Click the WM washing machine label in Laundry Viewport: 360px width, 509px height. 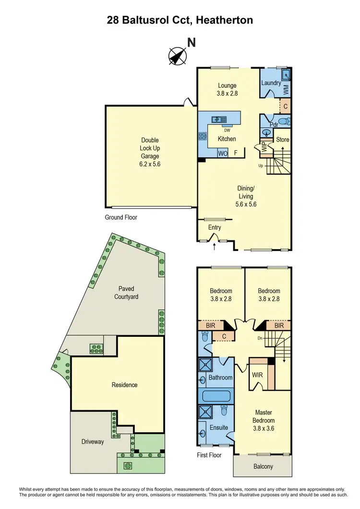point(286,89)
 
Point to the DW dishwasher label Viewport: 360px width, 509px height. point(227,130)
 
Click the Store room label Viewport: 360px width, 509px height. point(282,140)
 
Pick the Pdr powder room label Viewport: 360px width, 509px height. point(274,125)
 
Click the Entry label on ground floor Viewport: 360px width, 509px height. point(214,227)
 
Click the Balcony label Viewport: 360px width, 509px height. point(263,466)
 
